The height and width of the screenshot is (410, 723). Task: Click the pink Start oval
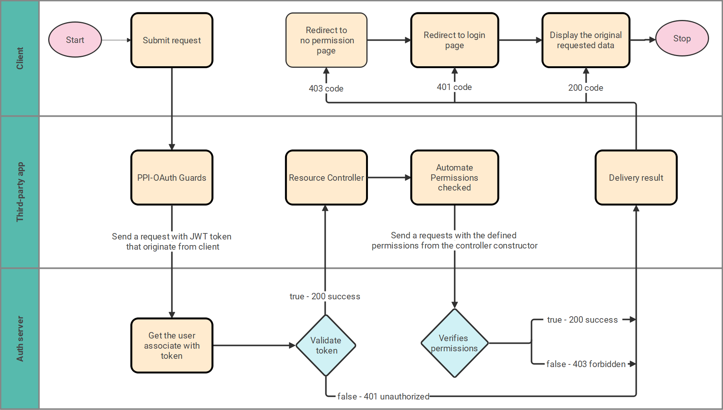75,40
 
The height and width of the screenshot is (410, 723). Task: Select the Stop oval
682,38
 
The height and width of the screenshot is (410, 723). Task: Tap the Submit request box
172,40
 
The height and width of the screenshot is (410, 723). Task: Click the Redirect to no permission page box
326,40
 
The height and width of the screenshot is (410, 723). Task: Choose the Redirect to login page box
454,40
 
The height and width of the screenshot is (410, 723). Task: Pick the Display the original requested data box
586,40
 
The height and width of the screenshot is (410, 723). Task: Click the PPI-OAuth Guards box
172,178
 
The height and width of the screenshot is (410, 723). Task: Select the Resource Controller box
326,178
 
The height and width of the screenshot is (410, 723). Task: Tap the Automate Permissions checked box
454,178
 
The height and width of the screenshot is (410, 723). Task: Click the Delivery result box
636,178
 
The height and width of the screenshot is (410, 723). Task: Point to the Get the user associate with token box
172,346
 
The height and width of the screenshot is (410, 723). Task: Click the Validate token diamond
326,346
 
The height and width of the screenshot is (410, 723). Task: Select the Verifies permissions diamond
454,343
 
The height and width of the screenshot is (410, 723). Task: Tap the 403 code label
326,88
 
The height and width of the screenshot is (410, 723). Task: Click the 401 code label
454,87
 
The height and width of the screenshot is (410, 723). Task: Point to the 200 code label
586,88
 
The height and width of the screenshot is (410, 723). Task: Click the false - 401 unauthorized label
383,396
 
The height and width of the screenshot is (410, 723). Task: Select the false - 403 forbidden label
586,364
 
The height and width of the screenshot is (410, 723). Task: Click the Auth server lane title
20,339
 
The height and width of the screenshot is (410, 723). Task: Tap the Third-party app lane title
20,192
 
